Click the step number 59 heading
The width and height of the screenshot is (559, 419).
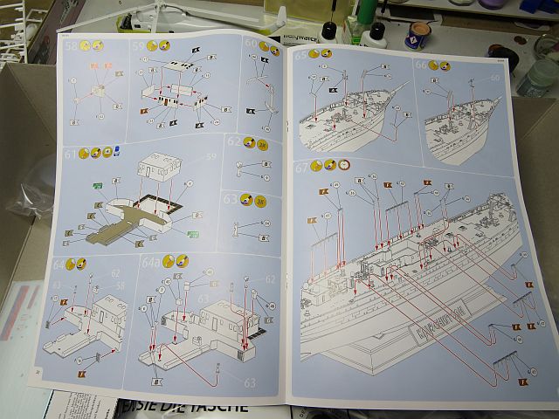tap(138, 45)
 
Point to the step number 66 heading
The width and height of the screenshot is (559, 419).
tap(421, 64)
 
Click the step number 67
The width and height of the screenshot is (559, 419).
tap(303, 166)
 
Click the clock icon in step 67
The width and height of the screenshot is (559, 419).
tap(343, 164)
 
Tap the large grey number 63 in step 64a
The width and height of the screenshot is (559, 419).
tap(250, 381)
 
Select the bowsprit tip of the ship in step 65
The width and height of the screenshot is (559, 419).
tap(404, 86)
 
